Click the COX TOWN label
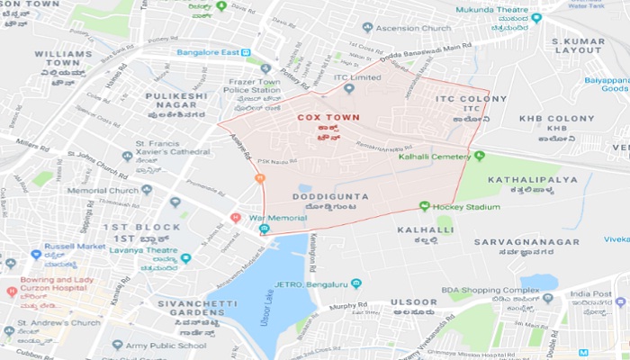(x=329, y=117)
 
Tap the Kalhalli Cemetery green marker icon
(x=479, y=157)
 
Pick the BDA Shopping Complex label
(x=489, y=290)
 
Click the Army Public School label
(x=166, y=344)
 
